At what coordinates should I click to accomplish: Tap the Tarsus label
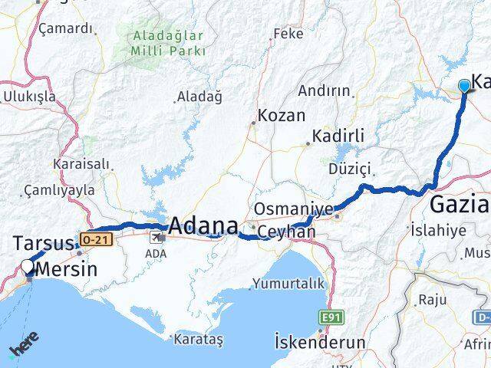click(43, 244)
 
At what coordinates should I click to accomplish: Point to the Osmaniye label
click(294, 209)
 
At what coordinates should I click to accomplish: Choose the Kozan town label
click(282, 116)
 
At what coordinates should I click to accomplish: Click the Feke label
click(288, 34)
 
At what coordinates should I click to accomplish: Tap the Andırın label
click(324, 90)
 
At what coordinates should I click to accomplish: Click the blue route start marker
click(465, 86)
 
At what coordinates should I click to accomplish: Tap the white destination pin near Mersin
click(28, 268)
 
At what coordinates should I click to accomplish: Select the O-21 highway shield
click(89, 239)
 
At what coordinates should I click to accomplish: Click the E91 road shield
click(331, 316)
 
